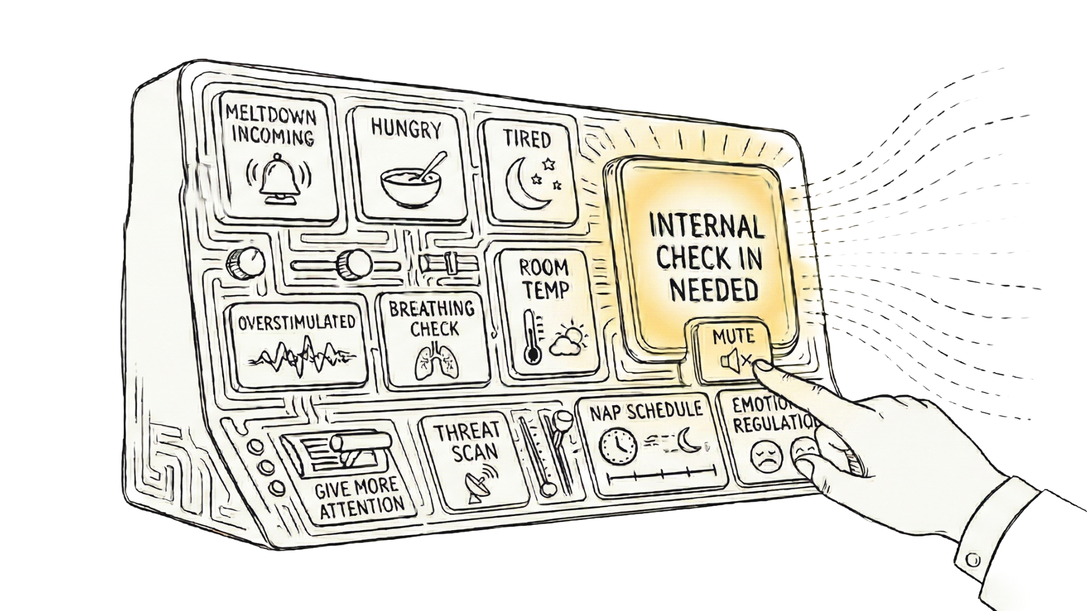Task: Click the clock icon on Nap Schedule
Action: point(618,445)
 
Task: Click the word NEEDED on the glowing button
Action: point(714,289)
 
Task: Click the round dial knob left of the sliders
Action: point(245,261)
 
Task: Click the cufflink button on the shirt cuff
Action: point(972,560)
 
